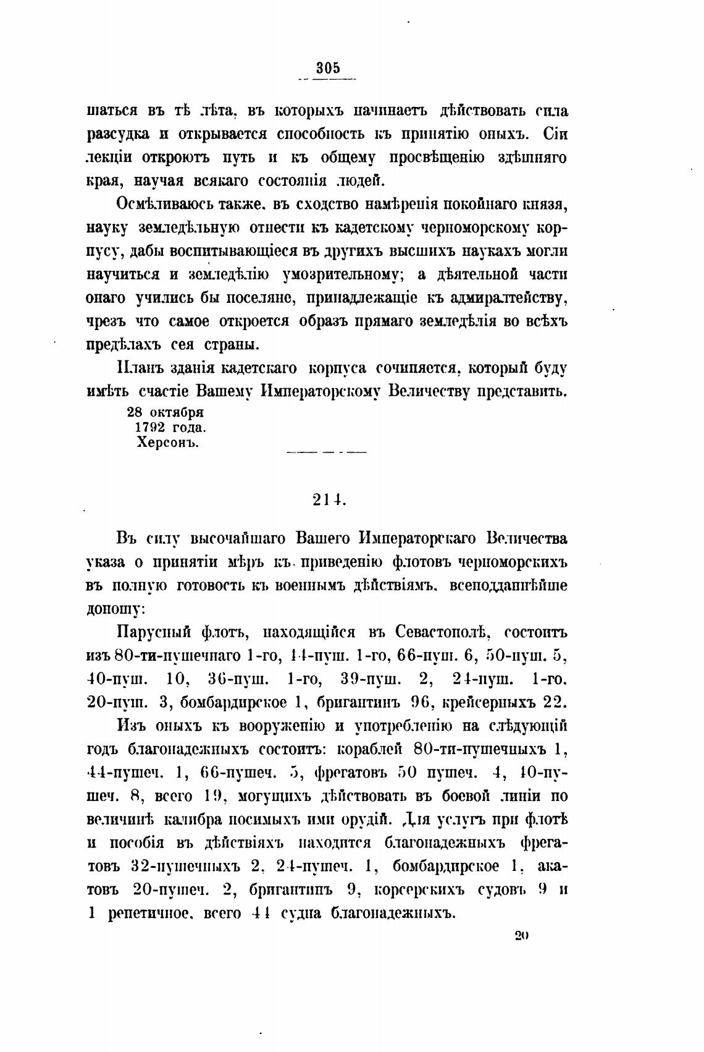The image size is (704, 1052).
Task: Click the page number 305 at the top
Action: [329, 69]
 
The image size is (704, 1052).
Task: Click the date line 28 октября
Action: [165, 412]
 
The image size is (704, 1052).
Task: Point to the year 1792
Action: [153, 427]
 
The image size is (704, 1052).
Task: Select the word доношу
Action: [115, 608]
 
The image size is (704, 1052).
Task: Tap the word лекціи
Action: [110, 158]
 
